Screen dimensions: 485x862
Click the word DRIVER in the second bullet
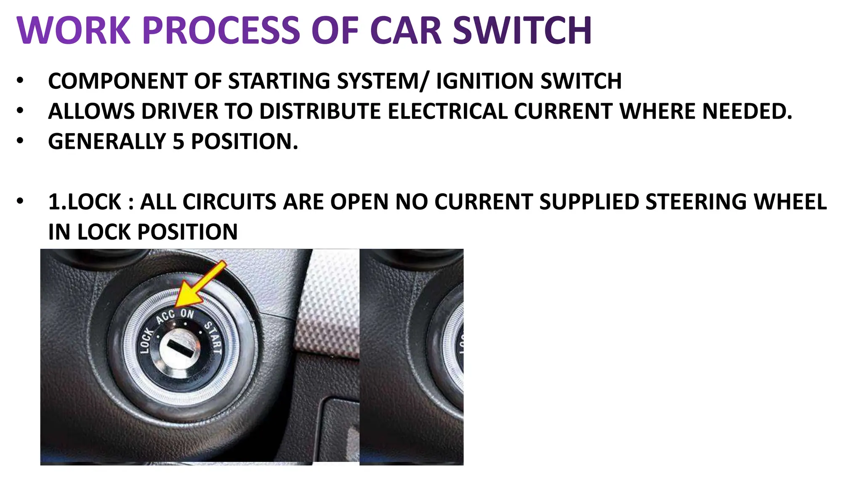179,111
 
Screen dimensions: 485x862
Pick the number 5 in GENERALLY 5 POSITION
178,141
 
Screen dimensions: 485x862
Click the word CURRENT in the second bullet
563,111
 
